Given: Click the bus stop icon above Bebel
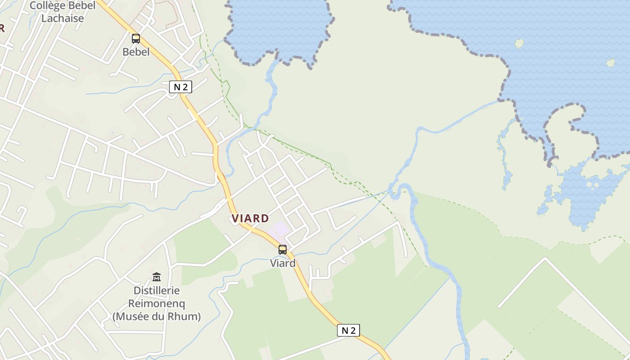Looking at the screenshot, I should [x=136, y=39].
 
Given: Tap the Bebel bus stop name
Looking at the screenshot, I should [x=136, y=52].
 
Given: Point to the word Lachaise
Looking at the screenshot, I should [x=63, y=18].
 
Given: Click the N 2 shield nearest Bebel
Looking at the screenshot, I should [x=180, y=87].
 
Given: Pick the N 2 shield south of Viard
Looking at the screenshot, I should [x=348, y=330].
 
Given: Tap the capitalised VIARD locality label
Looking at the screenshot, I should [x=250, y=219].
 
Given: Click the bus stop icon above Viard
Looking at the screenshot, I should [x=283, y=250].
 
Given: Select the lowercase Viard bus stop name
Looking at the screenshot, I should [x=283, y=263].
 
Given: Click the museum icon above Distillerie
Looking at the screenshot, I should [x=157, y=277].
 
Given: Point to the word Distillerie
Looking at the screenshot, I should [x=157, y=291].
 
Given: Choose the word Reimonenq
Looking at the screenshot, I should [x=157, y=304].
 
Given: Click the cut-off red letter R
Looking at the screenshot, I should [x=2, y=28].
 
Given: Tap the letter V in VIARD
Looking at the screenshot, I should [x=235, y=219].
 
